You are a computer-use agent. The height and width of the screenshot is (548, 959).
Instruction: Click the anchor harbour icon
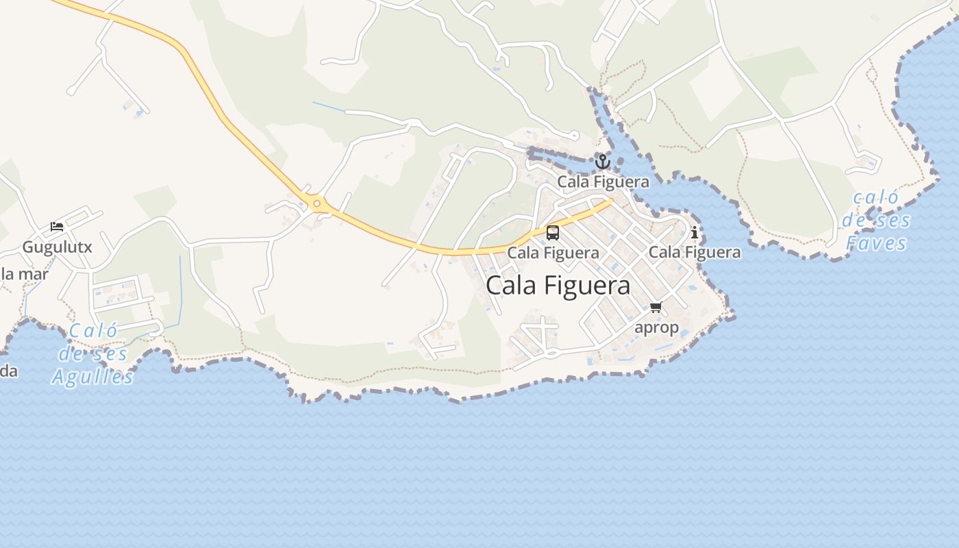click(602, 162)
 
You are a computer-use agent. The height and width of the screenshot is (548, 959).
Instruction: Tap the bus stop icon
click(553, 233)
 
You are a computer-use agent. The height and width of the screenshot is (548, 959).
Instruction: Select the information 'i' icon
click(695, 232)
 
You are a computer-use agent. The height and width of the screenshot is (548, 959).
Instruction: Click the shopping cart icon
click(656, 307)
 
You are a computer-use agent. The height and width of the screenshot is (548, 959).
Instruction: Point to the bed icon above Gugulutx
click(57, 227)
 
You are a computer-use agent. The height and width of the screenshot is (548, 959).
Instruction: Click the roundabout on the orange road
click(316, 203)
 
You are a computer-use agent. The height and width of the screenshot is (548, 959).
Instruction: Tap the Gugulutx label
click(57, 247)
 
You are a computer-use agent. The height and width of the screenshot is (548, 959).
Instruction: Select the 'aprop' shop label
click(656, 327)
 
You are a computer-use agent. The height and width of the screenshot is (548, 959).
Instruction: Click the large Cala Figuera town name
click(558, 286)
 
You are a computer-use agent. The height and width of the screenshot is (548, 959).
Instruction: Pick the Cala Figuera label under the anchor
click(603, 182)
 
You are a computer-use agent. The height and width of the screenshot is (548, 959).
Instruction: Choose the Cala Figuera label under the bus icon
click(553, 253)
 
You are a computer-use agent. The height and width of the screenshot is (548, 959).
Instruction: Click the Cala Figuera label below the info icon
click(695, 253)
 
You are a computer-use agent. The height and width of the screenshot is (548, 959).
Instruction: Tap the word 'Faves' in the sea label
click(876, 243)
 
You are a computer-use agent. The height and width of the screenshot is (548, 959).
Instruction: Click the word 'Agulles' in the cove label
click(92, 377)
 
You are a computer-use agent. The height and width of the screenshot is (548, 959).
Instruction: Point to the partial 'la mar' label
click(25, 275)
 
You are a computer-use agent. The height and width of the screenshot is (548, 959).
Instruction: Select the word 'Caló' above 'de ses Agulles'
click(93, 332)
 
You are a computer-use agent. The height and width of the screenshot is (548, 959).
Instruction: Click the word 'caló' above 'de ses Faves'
click(876, 198)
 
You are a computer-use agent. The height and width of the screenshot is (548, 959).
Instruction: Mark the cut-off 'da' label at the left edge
click(8, 372)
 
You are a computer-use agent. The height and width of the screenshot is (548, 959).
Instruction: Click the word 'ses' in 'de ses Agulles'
click(109, 354)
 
